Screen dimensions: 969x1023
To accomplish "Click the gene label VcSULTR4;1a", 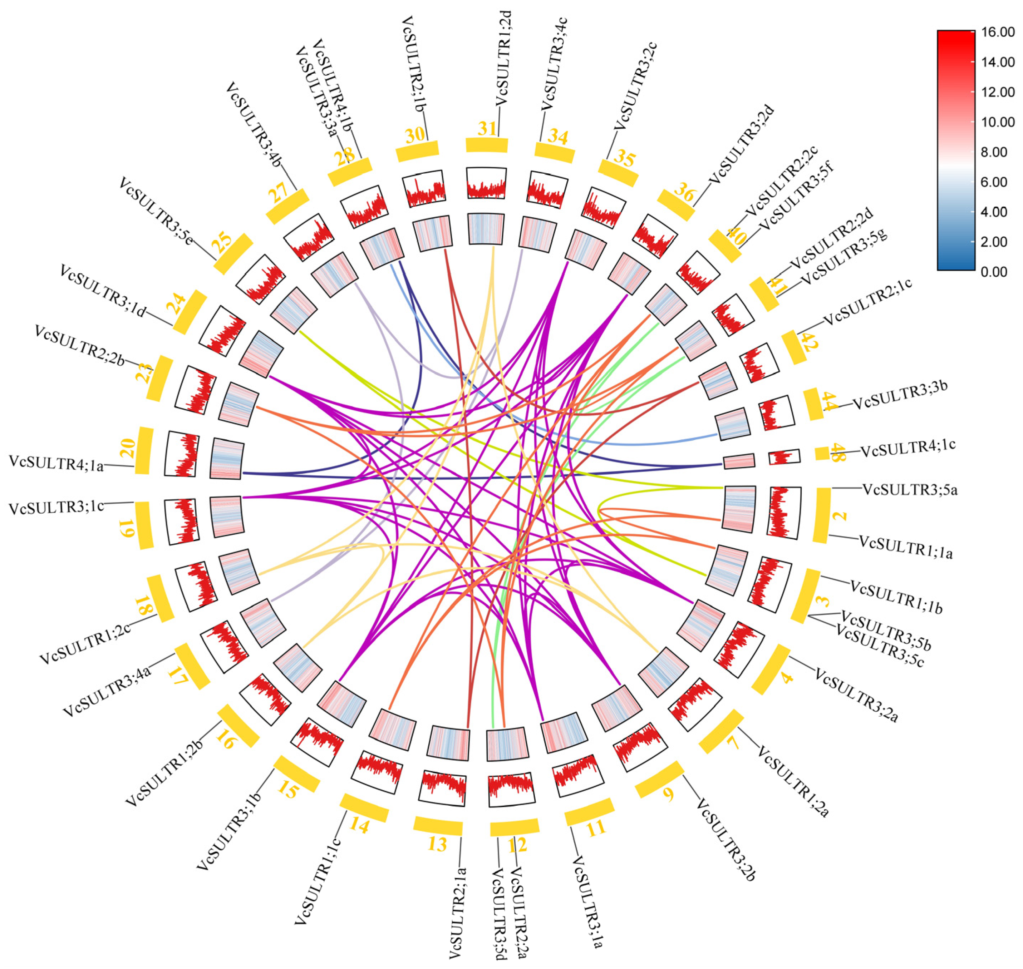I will pos(56,463).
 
